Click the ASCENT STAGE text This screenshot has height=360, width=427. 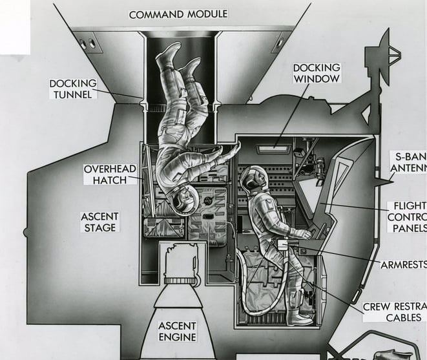click(99, 221)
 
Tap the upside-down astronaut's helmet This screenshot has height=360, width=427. click(183, 200)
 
